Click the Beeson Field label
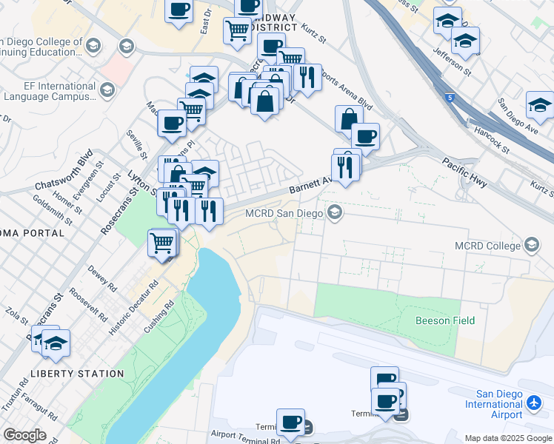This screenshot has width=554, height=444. click(x=444, y=320)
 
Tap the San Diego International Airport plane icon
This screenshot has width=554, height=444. click(x=535, y=403)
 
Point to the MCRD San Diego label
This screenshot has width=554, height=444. click(x=284, y=214)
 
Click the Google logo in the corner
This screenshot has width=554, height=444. click(x=24, y=435)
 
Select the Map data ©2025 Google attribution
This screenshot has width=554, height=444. click(x=507, y=438)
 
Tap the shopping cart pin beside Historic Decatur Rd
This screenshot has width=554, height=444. click(x=162, y=243)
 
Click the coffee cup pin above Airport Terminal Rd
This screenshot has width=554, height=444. click(x=290, y=422)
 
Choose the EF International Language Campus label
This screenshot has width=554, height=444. click(x=49, y=91)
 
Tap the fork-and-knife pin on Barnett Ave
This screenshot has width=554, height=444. click(x=344, y=166)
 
